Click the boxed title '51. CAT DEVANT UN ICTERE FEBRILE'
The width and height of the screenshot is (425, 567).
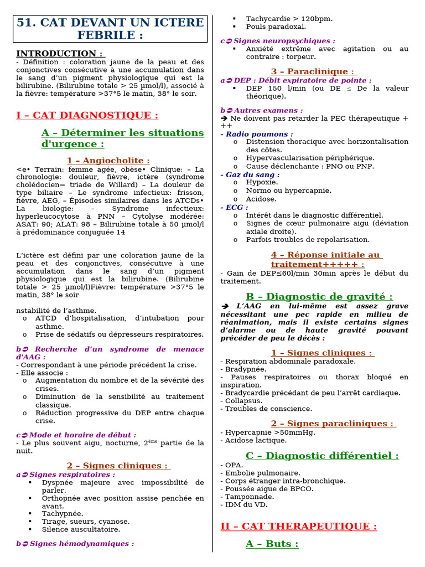(x=110, y=29)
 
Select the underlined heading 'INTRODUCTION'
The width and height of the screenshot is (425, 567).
(x=60, y=54)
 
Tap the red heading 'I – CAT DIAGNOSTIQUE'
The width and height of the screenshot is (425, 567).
(x=87, y=115)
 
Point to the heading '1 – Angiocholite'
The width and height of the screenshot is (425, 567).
(x=108, y=160)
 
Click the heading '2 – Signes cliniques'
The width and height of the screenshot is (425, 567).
(x=118, y=466)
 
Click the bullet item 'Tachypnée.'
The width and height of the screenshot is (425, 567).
(x=63, y=513)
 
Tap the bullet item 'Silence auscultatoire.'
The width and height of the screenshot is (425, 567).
(x=81, y=529)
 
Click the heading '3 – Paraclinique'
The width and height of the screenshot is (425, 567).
(x=314, y=71)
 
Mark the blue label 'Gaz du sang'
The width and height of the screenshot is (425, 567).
(x=252, y=174)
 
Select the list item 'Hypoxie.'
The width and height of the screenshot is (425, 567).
(x=262, y=182)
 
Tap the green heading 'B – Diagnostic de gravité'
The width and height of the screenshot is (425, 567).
(x=319, y=297)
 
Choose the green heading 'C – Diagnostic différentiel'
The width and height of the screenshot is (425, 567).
(x=322, y=456)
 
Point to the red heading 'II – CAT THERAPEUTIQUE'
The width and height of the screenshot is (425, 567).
(x=298, y=526)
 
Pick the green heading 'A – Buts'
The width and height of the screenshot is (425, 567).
(x=272, y=544)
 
